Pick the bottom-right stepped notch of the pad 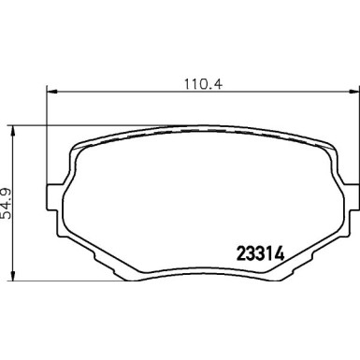click(x=292, y=262)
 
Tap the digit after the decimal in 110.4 click(x=200, y=81)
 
